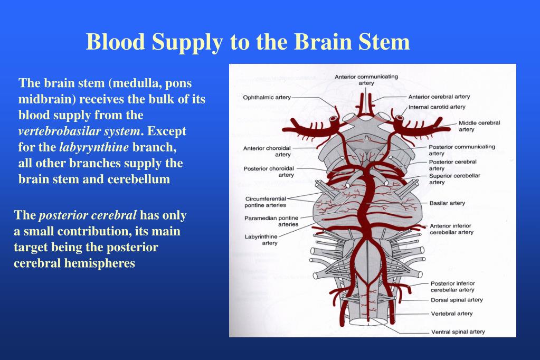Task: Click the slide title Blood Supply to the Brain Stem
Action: click(248, 42)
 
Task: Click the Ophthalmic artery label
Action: click(267, 98)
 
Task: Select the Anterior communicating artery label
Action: click(366, 80)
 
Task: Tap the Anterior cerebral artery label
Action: click(439, 97)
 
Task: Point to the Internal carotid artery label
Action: click(437, 107)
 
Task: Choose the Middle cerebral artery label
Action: click(479, 126)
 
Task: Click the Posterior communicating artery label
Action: click(461, 150)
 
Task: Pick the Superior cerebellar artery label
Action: click(454, 179)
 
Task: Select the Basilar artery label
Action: click(447, 203)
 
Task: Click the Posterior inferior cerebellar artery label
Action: click(452, 287)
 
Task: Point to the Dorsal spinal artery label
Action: click(456, 300)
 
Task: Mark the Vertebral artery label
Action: click(451, 314)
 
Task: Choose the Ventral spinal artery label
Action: click(458, 332)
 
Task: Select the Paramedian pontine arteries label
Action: click(271, 221)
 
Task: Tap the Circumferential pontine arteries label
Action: click(266, 202)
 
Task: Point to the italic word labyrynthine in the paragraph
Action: click(94, 147)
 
